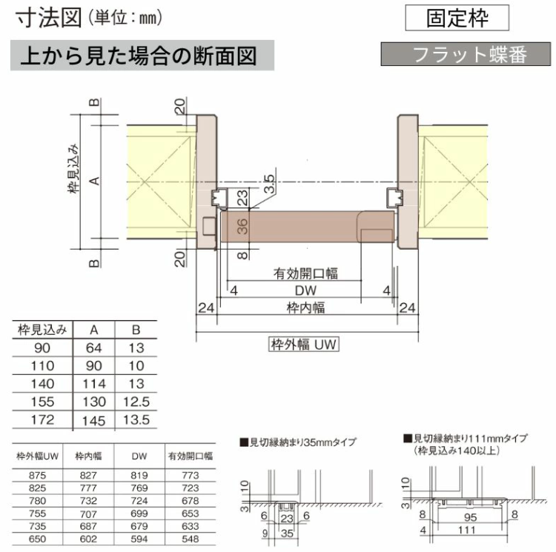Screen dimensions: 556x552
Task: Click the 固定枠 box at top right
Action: [457, 18]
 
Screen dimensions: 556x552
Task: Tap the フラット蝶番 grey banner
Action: [466, 54]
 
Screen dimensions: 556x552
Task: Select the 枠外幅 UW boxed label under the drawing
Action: [303, 344]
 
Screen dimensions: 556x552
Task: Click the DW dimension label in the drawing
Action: [305, 290]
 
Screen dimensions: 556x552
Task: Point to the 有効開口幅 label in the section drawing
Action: [305, 273]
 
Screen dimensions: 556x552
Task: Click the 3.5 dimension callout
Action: [270, 184]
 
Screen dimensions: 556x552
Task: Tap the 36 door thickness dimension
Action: [242, 227]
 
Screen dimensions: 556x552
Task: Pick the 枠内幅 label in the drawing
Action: [305, 307]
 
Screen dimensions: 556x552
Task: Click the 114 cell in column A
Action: [94, 384]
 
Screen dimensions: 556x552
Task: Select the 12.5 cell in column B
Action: [136, 402]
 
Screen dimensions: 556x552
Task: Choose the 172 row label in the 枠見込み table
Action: [42, 420]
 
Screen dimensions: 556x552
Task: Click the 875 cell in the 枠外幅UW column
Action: [38, 476]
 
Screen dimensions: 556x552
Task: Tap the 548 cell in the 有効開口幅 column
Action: [191, 539]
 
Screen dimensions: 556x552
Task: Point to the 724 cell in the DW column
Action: [139, 501]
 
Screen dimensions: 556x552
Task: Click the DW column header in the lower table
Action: [139, 456]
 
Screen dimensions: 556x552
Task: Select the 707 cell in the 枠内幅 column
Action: [88, 513]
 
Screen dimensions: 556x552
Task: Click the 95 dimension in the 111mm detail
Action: [470, 517]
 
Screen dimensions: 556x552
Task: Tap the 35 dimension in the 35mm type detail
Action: [287, 533]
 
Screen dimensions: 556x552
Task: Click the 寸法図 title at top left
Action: [49, 18]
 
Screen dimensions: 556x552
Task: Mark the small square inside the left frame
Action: [209, 226]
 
